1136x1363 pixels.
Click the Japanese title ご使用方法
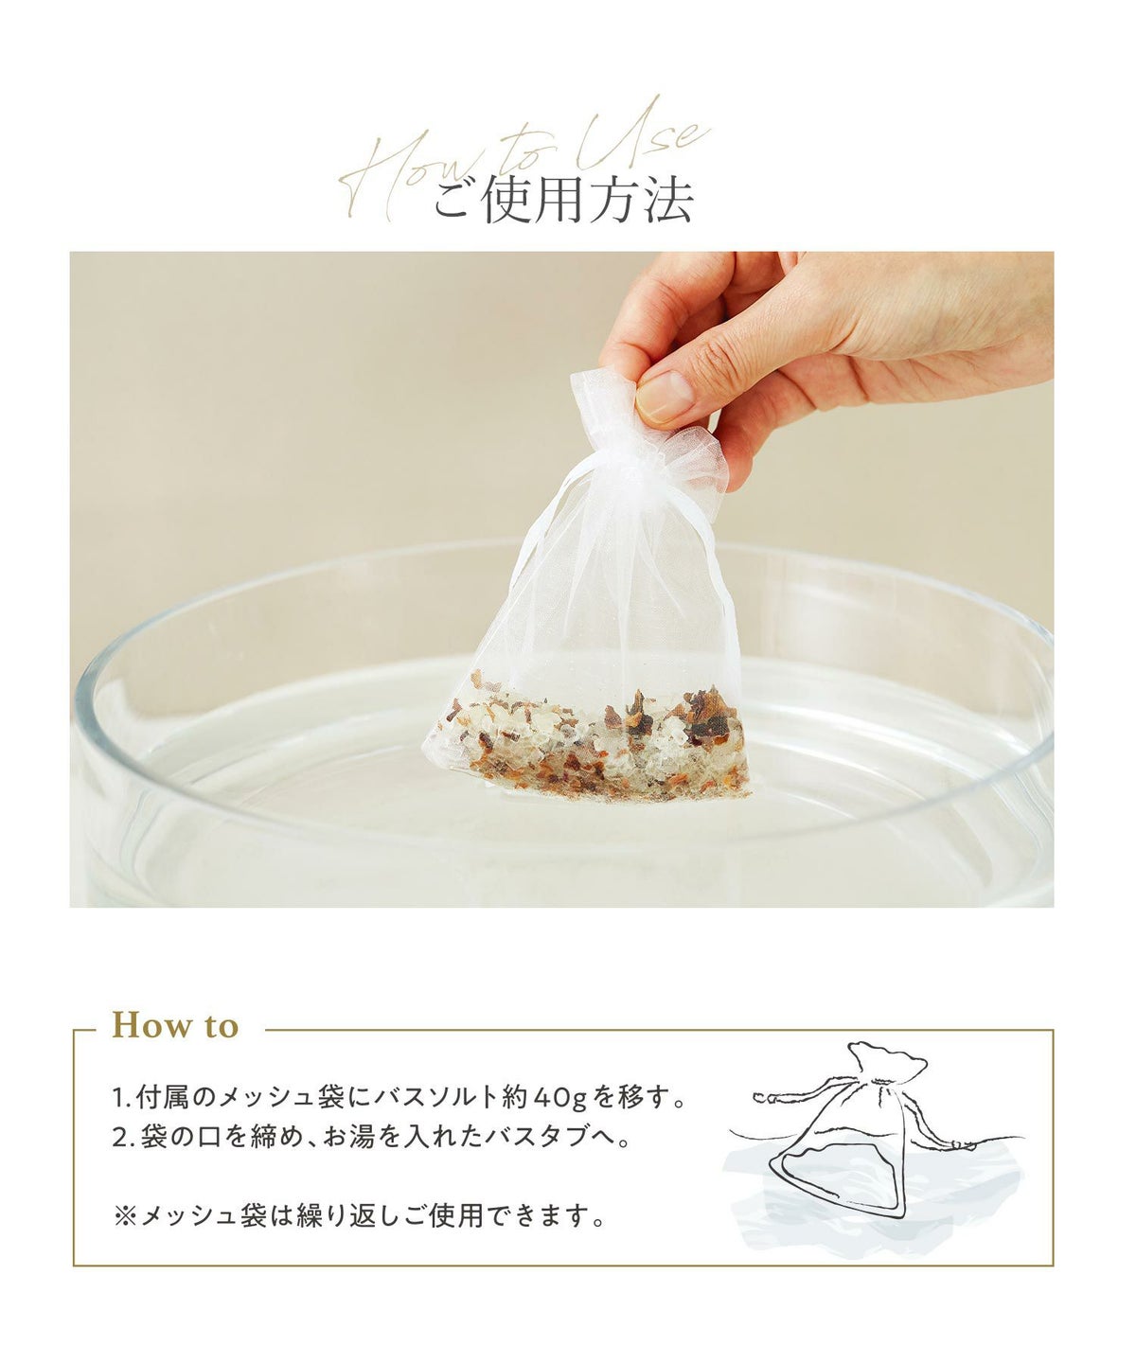pyautogui.click(x=562, y=201)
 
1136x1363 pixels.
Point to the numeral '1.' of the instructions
pyautogui.click(x=122, y=1099)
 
